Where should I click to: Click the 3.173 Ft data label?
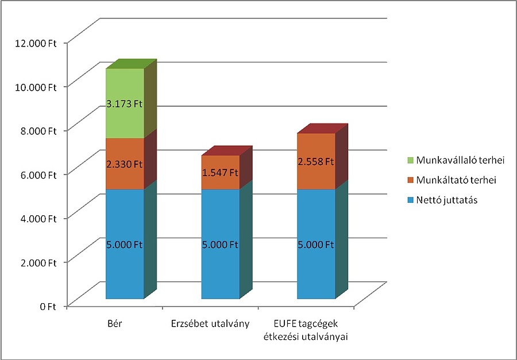tap(124, 104)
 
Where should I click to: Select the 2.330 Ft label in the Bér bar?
tap(124, 164)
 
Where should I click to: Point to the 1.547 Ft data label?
tap(219, 172)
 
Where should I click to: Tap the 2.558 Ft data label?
tap(315, 161)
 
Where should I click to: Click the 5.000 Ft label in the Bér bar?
tap(124, 245)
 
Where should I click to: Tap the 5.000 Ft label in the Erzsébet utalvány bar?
tap(219, 245)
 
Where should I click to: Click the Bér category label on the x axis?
tap(115, 324)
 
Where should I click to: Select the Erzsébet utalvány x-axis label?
tap(210, 324)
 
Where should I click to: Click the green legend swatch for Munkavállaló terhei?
tap(409, 159)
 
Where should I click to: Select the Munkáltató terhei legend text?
tap(452, 180)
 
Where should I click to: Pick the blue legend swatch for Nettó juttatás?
tap(409, 201)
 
